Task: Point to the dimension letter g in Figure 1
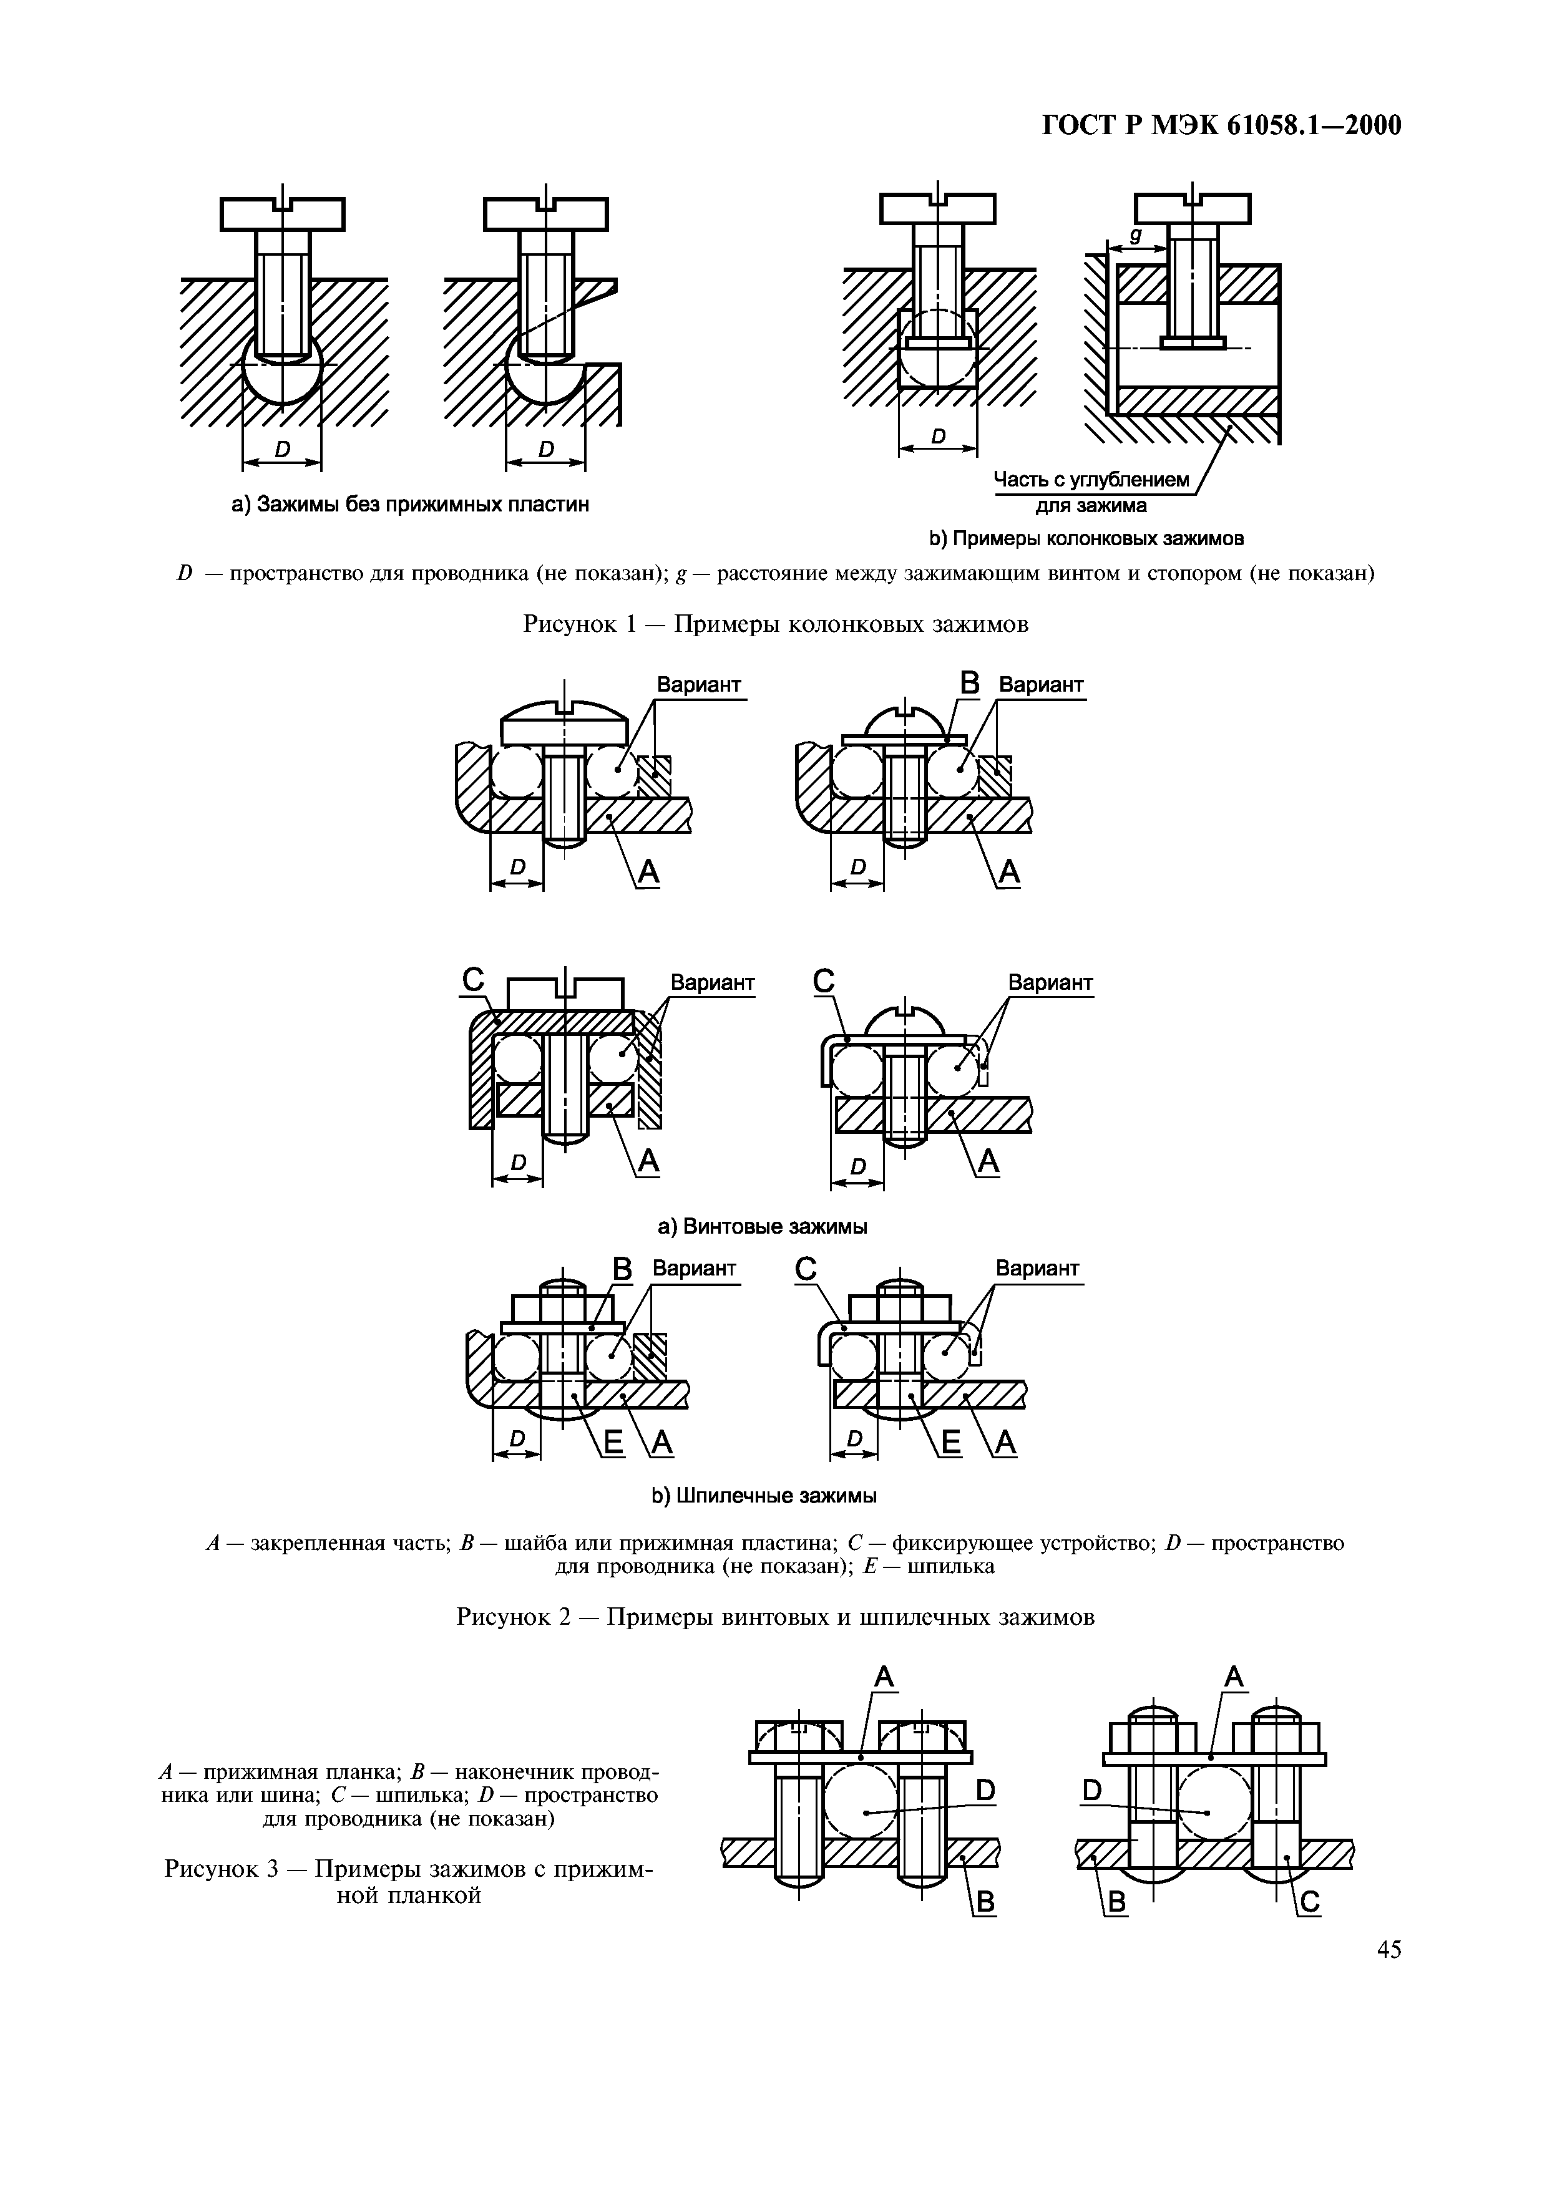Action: [x=1135, y=233]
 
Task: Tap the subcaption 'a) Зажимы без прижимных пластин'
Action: [x=410, y=504]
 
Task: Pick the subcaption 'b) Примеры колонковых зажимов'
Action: [x=1086, y=540]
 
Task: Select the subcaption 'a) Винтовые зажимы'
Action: [x=763, y=1226]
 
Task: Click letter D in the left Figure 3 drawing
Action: [x=985, y=1791]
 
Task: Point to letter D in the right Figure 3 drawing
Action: [x=1091, y=1791]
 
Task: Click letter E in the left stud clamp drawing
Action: [x=613, y=1444]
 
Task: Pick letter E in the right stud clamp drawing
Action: [x=950, y=1444]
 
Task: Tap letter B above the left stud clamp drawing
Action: [x=622, y=1271]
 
